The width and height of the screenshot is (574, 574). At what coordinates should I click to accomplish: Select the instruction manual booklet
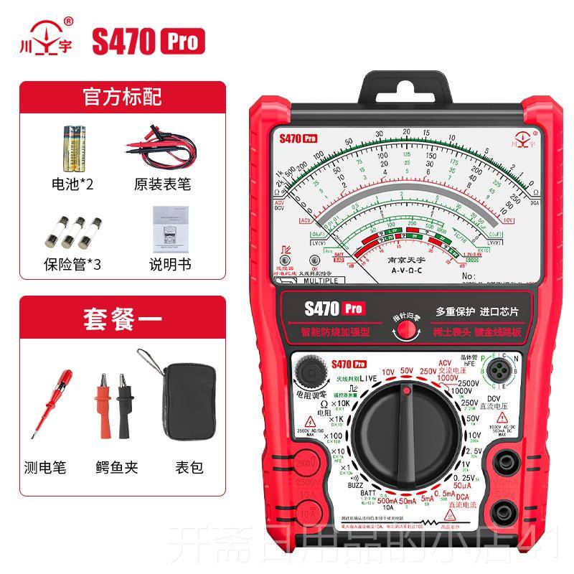(169, 229)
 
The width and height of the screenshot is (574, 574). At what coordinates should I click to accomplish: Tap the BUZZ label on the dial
(337, 485)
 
